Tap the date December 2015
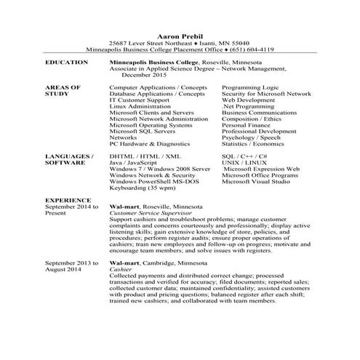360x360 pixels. pyautogui.click(x=144, y=74)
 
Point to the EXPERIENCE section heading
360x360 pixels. pyautogui.click(x=68, y=199)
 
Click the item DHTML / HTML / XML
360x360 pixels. pyautogui.click(x=145, y=156)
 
